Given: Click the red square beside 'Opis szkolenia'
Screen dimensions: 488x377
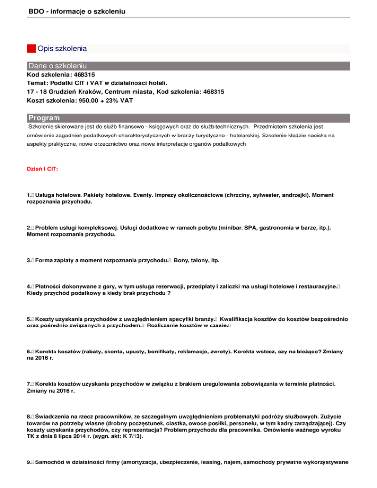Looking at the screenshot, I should click(x=31, y=48).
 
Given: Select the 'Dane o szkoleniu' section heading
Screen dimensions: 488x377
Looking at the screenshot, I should click(x=58, y=65).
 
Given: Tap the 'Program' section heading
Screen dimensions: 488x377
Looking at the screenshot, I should click(x=45, y=118).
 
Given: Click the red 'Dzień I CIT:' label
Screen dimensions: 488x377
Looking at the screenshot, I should click(x=43, y=169).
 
